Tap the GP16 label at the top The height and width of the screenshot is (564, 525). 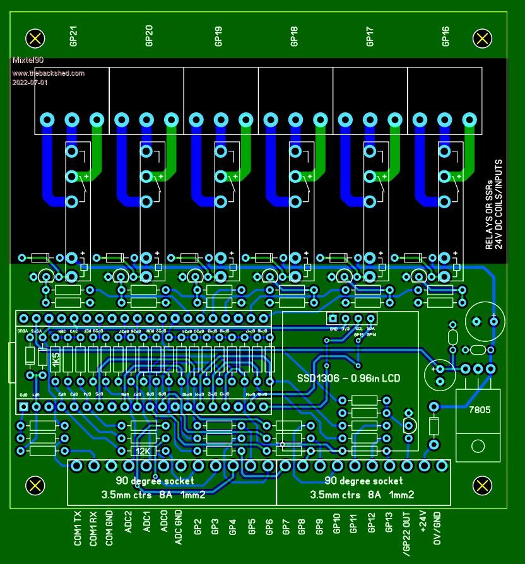(x=446, y=36)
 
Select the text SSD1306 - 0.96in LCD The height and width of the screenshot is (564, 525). (x=350, y=379)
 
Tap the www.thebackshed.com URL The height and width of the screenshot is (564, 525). (x=48, y=73)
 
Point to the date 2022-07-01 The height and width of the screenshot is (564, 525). (x=30, y=83)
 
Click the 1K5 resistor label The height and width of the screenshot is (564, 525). (x=56, y=365)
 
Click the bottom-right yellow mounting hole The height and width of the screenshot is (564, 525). (x=483, y=485)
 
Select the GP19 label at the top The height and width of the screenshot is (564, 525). (x=220, y=36)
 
